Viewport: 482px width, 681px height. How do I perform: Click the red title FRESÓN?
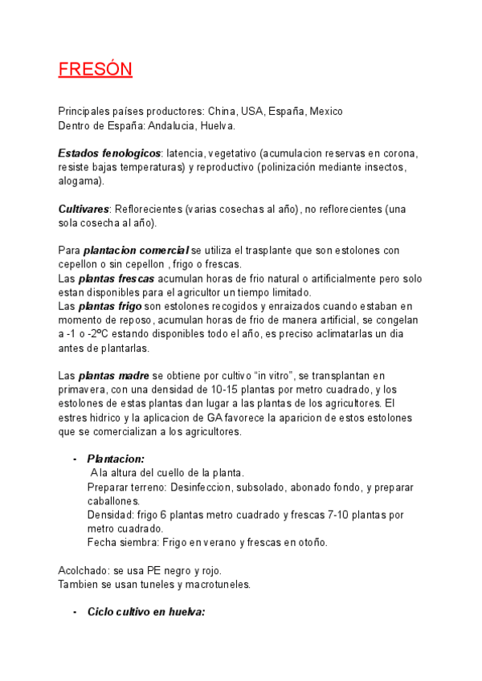[95, 69]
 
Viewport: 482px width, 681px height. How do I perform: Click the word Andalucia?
[163, 125]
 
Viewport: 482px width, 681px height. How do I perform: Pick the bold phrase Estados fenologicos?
[109, 153]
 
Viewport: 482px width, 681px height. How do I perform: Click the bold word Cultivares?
[84, 209]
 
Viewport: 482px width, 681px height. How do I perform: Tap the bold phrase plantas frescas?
[116, 279]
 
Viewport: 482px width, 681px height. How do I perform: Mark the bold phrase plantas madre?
[112, 375]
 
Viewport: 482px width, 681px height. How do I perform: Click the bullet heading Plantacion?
[116, 459]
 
